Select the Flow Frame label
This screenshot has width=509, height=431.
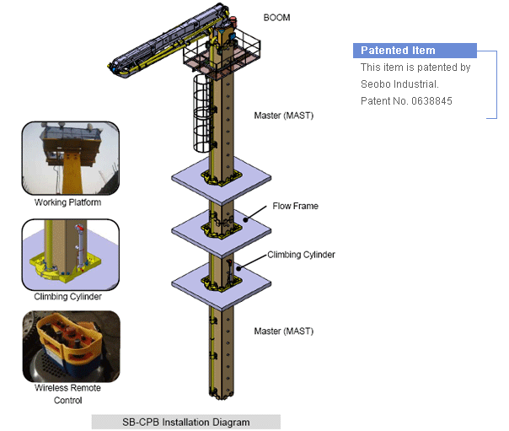tap(295, 206)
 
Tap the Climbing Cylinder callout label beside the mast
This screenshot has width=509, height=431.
tap(302, 254)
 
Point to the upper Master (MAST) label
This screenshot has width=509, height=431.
tap(283, 115)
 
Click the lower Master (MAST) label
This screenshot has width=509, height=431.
tap(283, 331)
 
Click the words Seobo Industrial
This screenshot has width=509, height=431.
tap(399, 84)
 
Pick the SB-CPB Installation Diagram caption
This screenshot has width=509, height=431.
tap(185, 422)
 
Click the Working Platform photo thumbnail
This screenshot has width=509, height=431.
tap(71, 158)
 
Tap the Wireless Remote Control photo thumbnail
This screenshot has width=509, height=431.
tap(71, 346)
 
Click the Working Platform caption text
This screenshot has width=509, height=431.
tap(68, 202)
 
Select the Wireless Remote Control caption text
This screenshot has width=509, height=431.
tap(67, 394)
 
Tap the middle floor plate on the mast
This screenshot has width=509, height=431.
tap(221, 229)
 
